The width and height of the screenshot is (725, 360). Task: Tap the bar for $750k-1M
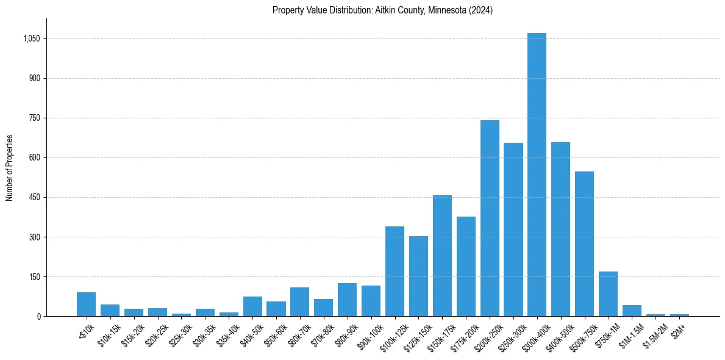tap(608, 293)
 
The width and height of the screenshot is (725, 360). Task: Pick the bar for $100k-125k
tap(395, 271)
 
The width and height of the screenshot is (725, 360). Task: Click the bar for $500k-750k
tap(584, 243)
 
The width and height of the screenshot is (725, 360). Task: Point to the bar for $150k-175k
tap(442, 256)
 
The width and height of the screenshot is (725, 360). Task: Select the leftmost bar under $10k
tap(86, 304)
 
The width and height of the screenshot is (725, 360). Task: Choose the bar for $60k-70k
tap(299, 301)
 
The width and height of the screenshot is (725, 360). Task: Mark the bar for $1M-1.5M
tap(632, 311)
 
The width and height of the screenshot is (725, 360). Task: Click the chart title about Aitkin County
tap(383, 10)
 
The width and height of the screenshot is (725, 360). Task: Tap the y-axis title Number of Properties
tap(9, 168)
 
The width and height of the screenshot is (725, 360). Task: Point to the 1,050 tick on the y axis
tap(31, 38)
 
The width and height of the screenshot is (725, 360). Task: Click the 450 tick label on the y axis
tap(34, 197)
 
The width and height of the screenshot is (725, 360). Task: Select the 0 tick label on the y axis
tap(38, 316)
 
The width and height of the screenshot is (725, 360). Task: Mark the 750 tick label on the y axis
tap(34, 118)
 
